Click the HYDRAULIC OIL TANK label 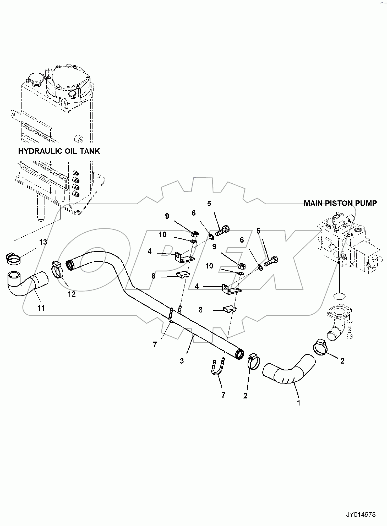point(59,151)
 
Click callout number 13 point(43,242)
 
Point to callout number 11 point(41,308)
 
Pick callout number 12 point(72,294)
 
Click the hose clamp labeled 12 point(58,269)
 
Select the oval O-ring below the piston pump point(340,296)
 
